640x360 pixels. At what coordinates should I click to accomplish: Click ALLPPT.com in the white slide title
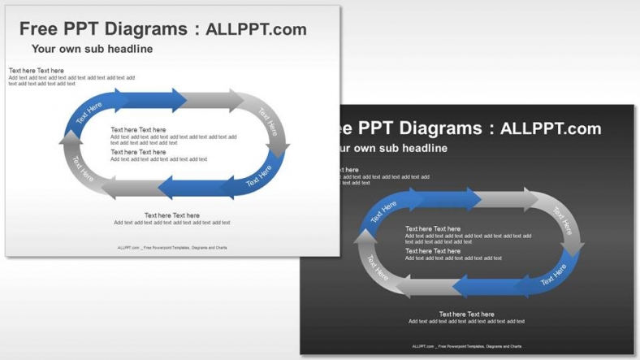[x=256, y=29]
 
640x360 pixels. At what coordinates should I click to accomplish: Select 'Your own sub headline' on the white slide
[x=92, y=50]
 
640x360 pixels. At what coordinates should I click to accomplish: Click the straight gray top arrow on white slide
[x=213, y=100]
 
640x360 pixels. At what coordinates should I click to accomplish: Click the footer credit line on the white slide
[x=172, y=247]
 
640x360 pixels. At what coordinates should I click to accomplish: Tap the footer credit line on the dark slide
[x=467, y=346]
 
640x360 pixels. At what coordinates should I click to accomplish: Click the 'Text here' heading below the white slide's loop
[x=171, y=215]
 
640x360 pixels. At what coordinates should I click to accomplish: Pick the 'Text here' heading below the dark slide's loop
[x=466, y=314]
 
